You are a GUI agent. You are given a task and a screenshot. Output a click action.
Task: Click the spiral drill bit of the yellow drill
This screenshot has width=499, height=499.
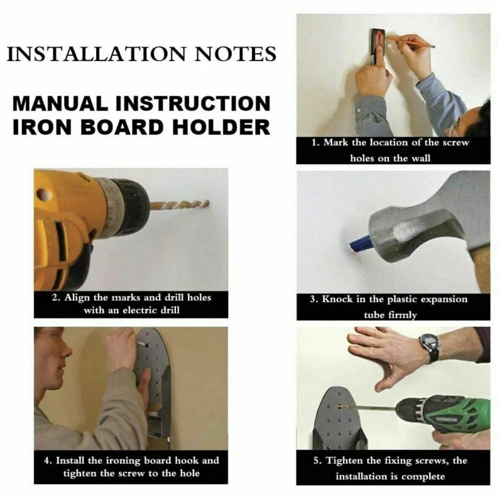(x=179, y=205)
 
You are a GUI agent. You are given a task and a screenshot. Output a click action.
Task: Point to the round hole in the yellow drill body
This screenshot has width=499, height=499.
(x=43, y=194)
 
